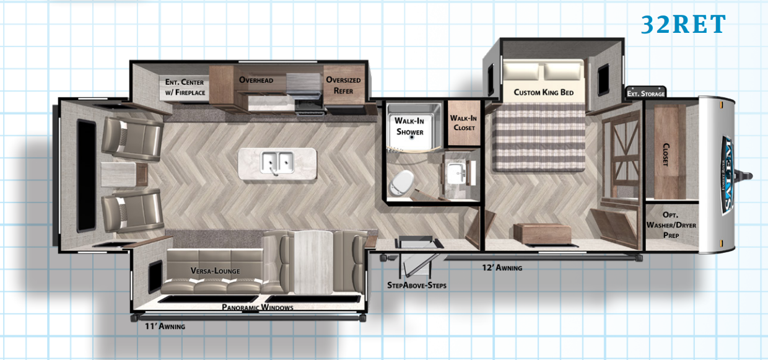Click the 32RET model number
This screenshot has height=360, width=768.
[x=683, y=25]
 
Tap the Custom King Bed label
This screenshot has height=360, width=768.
[x=543, y=92]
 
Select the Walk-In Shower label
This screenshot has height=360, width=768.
[x=409, y=126]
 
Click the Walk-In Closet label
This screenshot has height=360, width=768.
[x=463, y=123]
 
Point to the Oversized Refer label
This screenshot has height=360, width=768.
[x=343, y=86]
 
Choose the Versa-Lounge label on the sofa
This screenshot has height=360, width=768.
[x=215, y=271]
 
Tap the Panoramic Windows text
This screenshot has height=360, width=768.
[x=258, y=307]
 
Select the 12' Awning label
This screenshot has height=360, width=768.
[x=502, y=268]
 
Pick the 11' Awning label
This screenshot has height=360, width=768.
[x=165, y=326]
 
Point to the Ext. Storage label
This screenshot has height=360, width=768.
[x=646, y=94]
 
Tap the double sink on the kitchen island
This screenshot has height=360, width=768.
[x=277, y=162]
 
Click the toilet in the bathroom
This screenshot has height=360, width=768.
[x=403, y=180]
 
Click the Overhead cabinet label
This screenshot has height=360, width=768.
[x=256, y=80]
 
